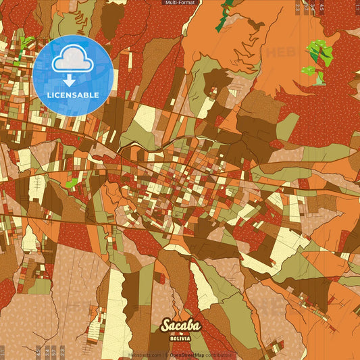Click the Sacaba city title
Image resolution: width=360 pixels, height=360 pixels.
click(x=180, y=326)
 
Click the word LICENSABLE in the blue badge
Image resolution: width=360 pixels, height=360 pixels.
click(x=73, y=95)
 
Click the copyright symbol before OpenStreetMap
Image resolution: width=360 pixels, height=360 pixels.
click(x=167, y=355)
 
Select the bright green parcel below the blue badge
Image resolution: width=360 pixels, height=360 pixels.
click(x=71, y=182)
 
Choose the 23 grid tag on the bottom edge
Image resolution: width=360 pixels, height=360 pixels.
click(x=62, y=352)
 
